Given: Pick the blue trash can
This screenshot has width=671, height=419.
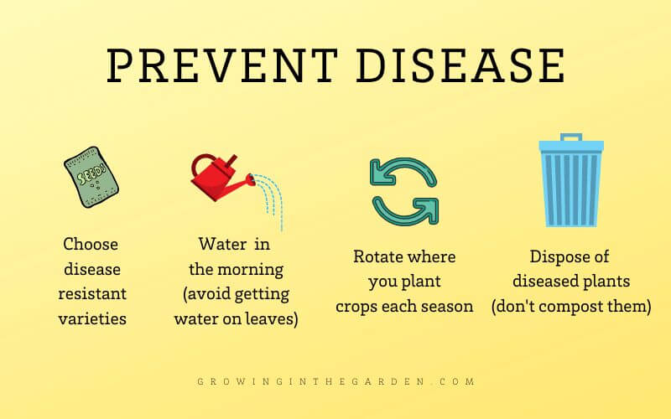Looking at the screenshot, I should (x=570, y=184).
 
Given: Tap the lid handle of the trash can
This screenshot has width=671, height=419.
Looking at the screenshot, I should (x=570, y=137).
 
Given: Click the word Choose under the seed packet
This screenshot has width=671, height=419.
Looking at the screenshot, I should (x=91, y=245).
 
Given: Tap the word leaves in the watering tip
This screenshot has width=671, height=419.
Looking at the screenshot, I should (x=270, y=319).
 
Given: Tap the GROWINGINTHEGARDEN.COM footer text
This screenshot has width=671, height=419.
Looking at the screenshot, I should (x=335, y=381).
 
